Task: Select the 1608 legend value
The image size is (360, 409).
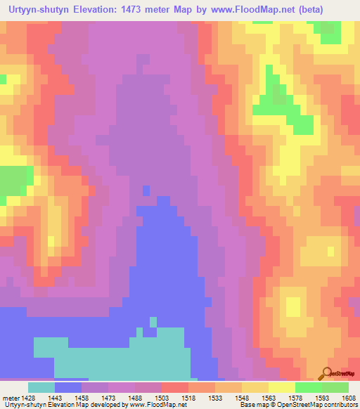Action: (348, 397)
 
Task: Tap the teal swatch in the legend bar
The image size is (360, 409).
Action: (41, 387)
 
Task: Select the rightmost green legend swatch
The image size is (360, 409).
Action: (335, 387)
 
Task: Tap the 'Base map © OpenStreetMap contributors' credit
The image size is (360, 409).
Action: (299, 405)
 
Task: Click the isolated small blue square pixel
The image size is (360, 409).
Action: (146, 190)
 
